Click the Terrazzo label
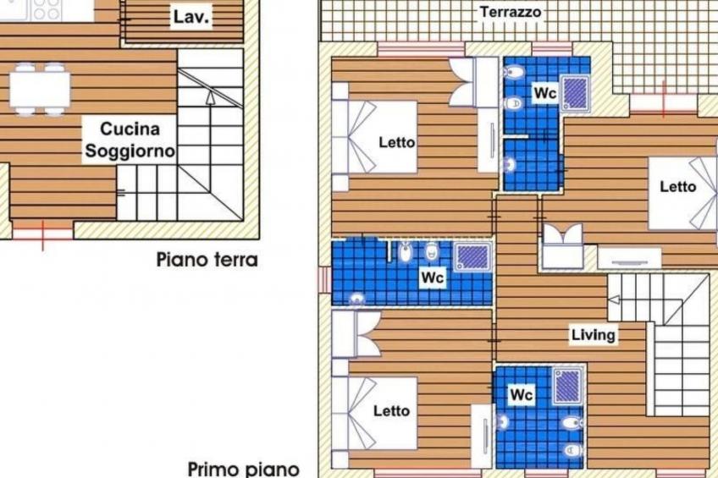pyautogui.click(x=511, y=13)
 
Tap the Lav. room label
pyautogui.click(x=191, y=17)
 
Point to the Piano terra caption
pyautogui.click(x=207, y=260)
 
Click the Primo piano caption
pyautogui.click(x=243, y=468)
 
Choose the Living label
pyautogui.click(x=593, y=335)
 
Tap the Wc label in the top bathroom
pyautogui.click(x=544, y=93)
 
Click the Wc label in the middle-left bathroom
pyautogui.click(x=433, y=277)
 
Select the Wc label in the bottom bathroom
pyautogui.click(x=522, y=394)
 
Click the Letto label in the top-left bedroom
pyautogui.click(x=397, y=142)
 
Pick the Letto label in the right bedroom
pyautogui.click(x=678, y=187)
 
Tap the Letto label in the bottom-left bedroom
pyautogui.click(x=392, y=411)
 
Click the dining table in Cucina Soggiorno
pyautogui.click(x=40, y=88)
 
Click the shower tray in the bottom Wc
pyautogui.click(x=568, y=386)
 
